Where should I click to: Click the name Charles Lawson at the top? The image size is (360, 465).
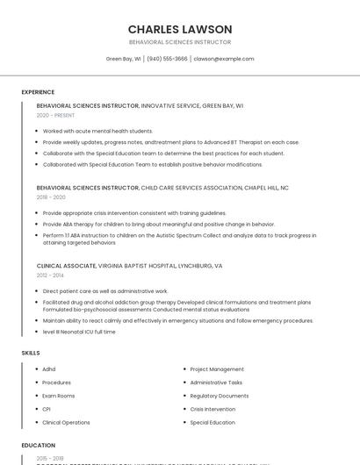(180, 29)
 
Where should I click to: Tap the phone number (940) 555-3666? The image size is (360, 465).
(167, 59)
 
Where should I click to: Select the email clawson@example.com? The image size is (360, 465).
(224, 59)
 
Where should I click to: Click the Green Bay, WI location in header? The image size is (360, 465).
(123, 59)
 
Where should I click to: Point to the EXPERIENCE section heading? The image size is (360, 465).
(38, 92)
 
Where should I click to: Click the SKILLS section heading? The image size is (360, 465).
(31, 353)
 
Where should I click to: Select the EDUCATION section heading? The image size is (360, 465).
(39, 446)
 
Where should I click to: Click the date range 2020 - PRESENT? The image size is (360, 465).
(55, 115)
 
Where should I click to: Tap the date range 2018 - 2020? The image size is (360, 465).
(51, 197)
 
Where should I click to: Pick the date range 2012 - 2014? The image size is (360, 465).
(50, 275)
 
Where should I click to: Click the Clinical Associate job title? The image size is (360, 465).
(66, 265)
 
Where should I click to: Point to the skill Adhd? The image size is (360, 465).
(49, 369)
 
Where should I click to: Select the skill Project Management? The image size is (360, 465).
(217, 369)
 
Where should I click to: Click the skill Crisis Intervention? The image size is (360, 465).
(212, 409)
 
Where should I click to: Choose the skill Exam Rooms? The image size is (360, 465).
(58, 396)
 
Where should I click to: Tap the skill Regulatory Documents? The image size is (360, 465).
(219, 396)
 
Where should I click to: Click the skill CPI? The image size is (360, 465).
(47, 409)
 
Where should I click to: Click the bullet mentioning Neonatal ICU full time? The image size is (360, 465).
(79, 332)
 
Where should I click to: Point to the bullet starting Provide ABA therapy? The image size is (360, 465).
(158, 224)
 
